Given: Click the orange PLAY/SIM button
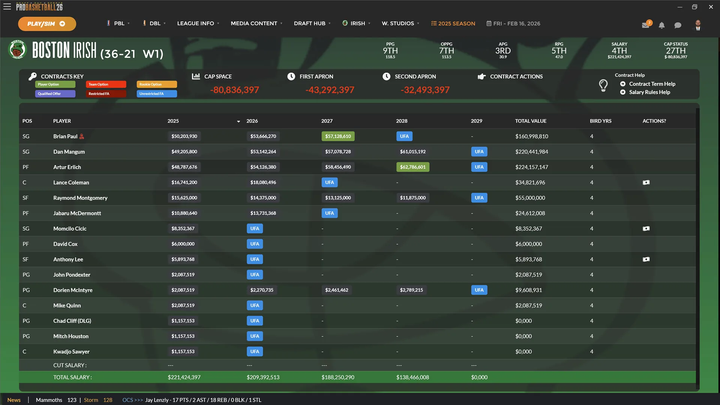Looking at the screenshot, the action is [x=47, y=24].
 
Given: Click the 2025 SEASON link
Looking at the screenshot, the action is [x=453, y=23].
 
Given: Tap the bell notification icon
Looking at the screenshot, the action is [x=661, y=25].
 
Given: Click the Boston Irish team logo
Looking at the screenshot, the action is [x=17, y=49].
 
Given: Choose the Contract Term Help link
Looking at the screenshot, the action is [x=652, y=84].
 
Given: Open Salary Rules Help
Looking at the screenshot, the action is [x=649, y=92].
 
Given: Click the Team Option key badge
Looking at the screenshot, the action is [x=106, y=84].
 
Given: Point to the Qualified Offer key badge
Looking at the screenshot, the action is [x=55, y=94].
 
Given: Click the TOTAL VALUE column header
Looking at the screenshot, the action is [x=531, y=121].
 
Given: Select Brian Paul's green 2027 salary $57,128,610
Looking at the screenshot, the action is [x=338, y=136].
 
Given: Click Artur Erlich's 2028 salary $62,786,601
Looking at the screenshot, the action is [x=412, y=167].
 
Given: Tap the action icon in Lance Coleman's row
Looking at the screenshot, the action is [x=646, y=183].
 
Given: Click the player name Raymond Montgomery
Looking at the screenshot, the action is [x=80, y=198].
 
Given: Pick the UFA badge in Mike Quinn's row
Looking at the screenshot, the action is [x=255, y=306].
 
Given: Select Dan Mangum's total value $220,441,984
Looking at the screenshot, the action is [x=531, y=152].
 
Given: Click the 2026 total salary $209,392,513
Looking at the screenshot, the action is [x=263, y=377].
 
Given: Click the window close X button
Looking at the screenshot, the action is [x=711, y=7].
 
